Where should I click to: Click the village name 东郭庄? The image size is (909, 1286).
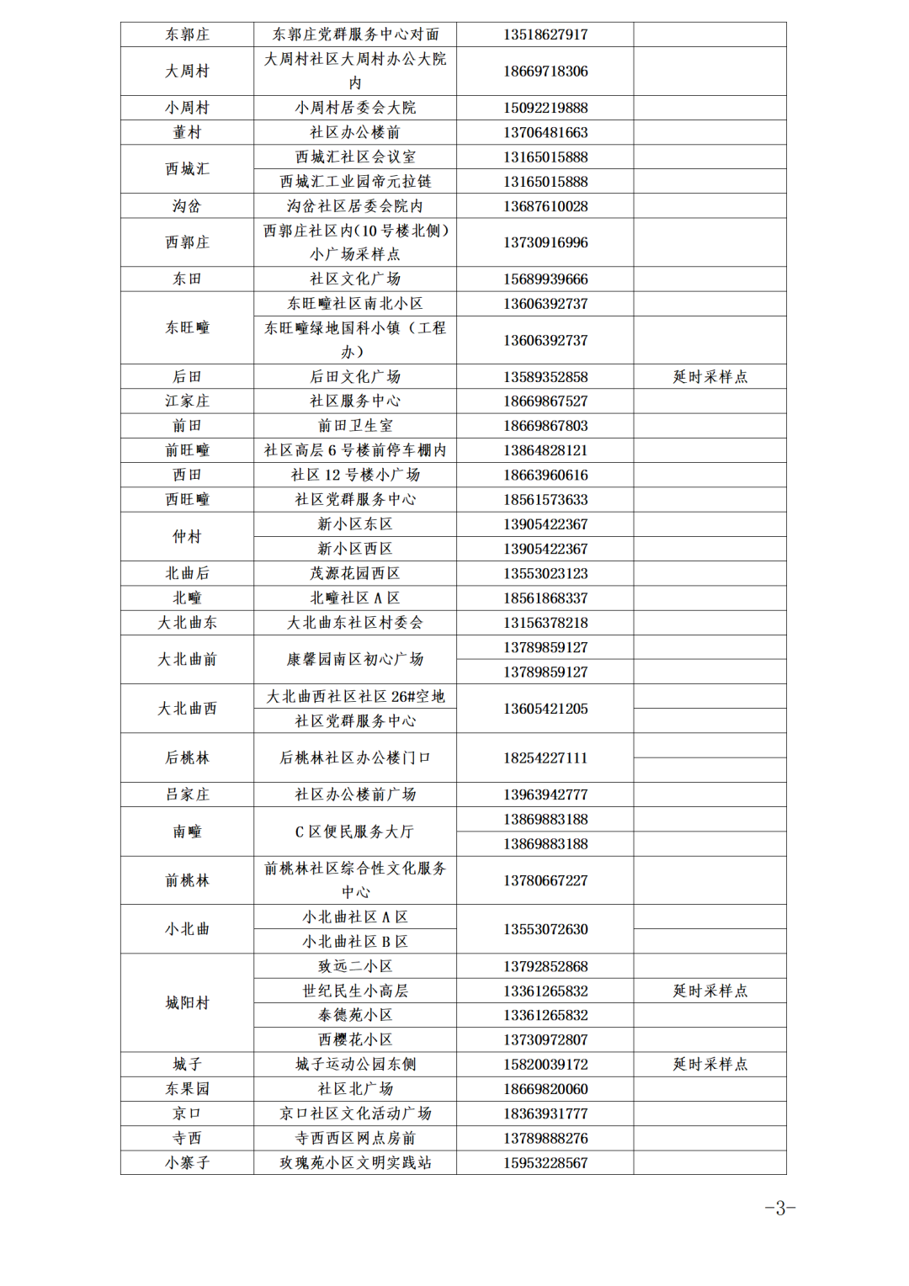point(187,35)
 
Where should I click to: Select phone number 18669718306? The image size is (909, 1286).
point(545,72)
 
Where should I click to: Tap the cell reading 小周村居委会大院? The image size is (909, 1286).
point(355,108)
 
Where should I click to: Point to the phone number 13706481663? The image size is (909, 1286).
point(545,132)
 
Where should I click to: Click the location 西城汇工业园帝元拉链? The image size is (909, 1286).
point(355,182)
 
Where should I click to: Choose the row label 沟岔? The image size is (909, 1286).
point(187,206)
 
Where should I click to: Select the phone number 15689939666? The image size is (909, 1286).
point(545,279)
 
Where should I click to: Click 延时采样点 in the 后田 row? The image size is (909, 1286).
point(710,377)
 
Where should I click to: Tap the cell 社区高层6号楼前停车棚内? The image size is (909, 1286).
point(355,450)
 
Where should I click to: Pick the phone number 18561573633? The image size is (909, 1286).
point(545,500)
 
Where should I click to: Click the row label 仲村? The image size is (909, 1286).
point(187,537)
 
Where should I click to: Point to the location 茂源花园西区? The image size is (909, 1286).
point(355,573)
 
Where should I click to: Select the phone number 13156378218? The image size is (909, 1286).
point(545,623)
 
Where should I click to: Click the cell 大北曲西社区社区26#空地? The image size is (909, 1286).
point(355,697)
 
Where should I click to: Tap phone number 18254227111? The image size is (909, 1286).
point(545,758)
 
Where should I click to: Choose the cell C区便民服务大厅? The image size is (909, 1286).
point(355,832)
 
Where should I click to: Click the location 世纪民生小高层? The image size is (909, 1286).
point(355,991)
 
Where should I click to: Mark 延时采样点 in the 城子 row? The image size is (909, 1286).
point(710,1065)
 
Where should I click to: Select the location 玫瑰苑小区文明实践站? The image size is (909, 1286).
point(355,1163)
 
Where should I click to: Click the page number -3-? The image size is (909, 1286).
point(779,1209)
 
